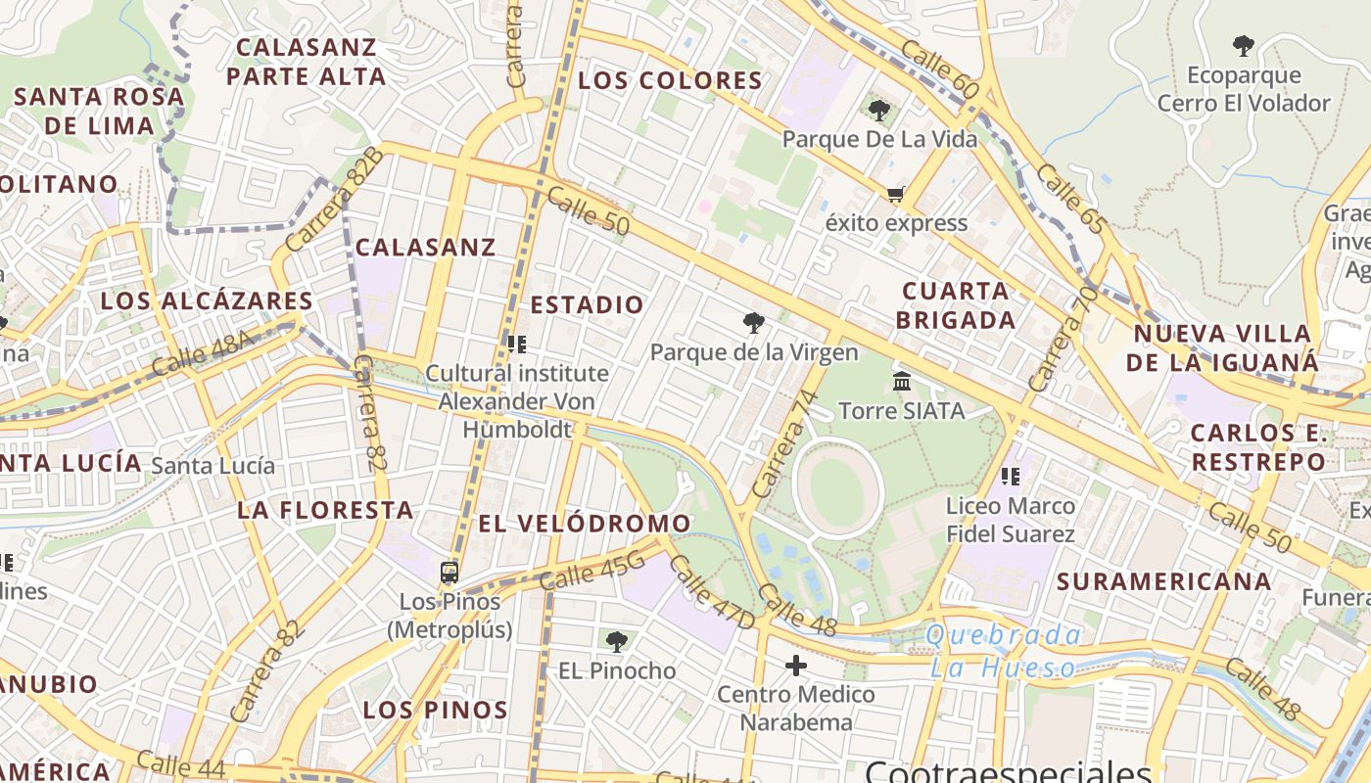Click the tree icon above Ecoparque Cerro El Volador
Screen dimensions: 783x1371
(x=1243, y=45)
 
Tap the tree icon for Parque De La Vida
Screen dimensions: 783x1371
(x=878, y=111)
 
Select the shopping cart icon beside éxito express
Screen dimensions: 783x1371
(x=895, y=194)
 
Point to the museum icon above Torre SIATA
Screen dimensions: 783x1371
(x=902, y=380)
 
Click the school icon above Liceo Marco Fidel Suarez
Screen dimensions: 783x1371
(x=1011, y=477)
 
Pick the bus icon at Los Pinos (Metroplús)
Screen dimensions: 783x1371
(x=449, y=572)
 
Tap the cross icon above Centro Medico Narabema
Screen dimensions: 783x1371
(x=796, y=666)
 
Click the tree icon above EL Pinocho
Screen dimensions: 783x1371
(x=616, y=642)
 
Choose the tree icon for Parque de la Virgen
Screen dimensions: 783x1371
(x=753, y=323)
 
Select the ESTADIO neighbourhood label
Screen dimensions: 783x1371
(x=588, y=305)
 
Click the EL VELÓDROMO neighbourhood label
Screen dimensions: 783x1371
(x=585, y=524)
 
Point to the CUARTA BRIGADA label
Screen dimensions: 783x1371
(x=956, y=305)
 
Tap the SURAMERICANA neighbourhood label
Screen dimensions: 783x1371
(x=1163, y=581)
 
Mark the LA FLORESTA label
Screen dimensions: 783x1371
(x=325, y=510)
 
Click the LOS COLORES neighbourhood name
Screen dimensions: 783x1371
(x=670, y=81)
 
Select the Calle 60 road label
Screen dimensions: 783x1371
(x=939, y=69)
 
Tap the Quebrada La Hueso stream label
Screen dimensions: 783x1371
(x=1004, y=652)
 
